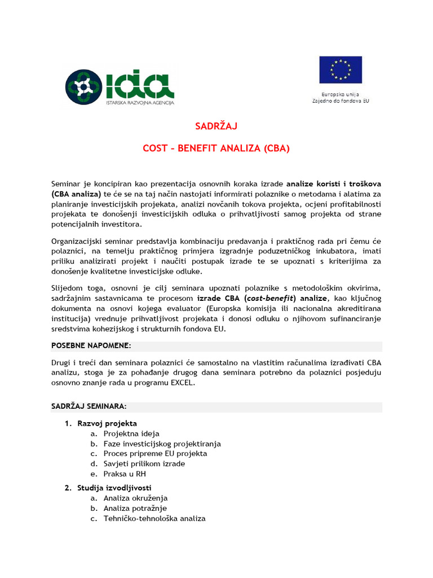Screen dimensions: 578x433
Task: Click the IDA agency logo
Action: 119,87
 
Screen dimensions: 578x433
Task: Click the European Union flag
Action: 341,70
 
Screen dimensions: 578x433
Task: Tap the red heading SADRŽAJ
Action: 216,126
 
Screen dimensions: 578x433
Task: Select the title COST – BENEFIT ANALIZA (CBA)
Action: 216,149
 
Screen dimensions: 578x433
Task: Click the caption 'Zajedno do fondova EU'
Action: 341,100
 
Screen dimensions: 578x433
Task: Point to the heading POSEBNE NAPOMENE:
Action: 91,345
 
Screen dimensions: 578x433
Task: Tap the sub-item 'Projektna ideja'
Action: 131,433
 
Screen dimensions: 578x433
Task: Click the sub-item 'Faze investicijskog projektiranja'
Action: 162,444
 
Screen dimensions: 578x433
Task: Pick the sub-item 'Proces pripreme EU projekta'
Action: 155,453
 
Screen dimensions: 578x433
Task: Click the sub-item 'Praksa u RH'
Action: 125,474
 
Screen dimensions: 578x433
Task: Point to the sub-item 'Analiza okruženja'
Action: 135,498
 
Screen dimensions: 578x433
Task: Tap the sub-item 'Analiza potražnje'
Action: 135,508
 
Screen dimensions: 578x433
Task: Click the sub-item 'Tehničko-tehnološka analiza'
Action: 154,518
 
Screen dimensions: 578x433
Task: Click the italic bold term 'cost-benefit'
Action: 272,297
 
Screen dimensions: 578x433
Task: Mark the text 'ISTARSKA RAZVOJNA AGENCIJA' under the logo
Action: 140,103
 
